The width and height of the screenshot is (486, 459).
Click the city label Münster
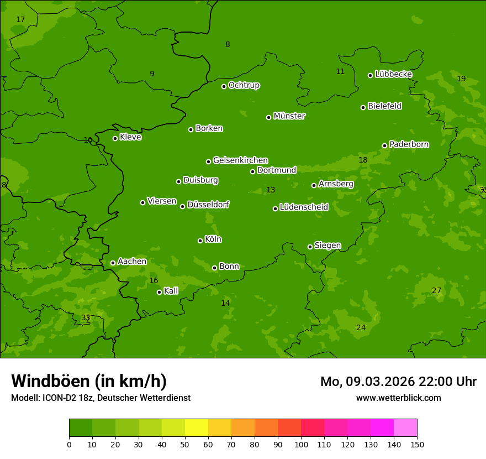pyautogui.click(x=289, y=116)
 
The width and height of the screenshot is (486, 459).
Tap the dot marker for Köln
pyautogui.click(x=200, y=241)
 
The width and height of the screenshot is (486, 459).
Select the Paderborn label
pyautogui.click(x=409, y=144)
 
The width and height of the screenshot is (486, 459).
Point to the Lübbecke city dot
pyautogui.click(x=370, y=75)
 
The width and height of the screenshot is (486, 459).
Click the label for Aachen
pyautogui.click(x=132, y=262)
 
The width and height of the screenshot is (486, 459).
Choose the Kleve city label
pyautogui.click(x=130, y=137)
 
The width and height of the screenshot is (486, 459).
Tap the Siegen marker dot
pyautogui.click(x=310, y=247)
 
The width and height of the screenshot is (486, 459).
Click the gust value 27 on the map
pyautogui.click(x=436, y=291)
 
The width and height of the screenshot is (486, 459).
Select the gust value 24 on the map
pyautogui.click(x=361, y=327)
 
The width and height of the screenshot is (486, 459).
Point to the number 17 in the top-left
pyautogui.click(x=20, y=20)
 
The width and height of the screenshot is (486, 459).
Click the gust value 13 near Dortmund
pyautogui.click(x=271, y=190)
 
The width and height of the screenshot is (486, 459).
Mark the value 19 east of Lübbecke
pyautogui.click(x=461, y=79)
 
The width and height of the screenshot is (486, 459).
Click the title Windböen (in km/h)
pyautogui.click(x=89, y=381)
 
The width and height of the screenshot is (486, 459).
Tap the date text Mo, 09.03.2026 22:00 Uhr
pyautogui.click(x=398, y=382)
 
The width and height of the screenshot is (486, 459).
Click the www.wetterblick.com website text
pyautogui.click(x=398, y=398)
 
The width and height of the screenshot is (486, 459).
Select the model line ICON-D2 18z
pyautogui.click(x=101, y=398)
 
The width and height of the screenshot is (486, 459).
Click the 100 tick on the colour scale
pyautogui.click(x=301, y=444)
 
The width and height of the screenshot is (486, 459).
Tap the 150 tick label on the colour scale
pyautogui.click(x=417, y=444)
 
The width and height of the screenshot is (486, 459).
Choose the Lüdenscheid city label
pyautogui.click(x=304, y=207)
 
